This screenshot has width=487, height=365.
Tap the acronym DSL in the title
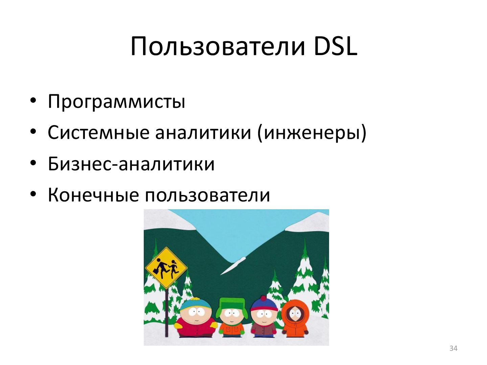335,46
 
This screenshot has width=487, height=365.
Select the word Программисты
116,101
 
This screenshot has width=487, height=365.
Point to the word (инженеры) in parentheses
311,132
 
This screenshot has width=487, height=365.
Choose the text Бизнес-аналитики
131,164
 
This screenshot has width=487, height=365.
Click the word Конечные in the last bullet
93,195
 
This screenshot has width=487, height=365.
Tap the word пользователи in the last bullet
208,195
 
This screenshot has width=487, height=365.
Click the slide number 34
453,348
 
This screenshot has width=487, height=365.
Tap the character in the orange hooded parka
295,319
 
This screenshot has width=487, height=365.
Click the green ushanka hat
232,303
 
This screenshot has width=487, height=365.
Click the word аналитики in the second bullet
203,132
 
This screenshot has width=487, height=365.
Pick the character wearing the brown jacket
263,321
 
